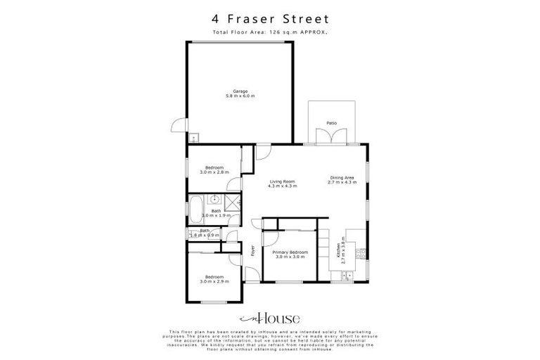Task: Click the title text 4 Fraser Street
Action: click(270, 20)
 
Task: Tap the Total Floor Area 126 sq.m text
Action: click(270, 33)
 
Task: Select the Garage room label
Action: click(240, 91)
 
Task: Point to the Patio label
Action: click(331, 123)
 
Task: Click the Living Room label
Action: click(283, 182)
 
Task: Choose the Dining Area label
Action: click(342, 178)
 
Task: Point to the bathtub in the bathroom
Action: click(194, 208)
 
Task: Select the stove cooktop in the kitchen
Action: click(359, 252)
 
